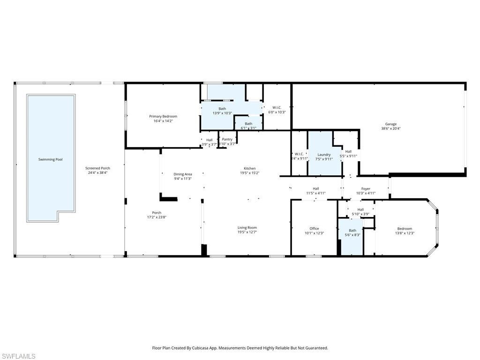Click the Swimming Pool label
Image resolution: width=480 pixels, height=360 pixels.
click(50, 159)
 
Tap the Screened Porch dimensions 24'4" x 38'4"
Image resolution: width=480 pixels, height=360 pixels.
click(97, 172)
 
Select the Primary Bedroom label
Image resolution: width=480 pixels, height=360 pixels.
click(163, 116)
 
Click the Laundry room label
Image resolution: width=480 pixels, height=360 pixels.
click(324, 154)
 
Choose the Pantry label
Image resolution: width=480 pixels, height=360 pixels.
click(227, 139)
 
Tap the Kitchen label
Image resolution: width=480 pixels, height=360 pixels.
click(249, 168)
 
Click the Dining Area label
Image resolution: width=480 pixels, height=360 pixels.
click(183, 174)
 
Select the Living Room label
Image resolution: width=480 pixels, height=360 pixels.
click(247, 227)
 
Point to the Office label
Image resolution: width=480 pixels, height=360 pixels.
click(314, 229)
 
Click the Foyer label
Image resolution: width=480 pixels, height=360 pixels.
click(366, 188)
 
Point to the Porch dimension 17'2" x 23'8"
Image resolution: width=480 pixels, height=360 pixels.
click(157, 217)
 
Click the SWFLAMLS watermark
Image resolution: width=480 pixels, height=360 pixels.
click(18, 356)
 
